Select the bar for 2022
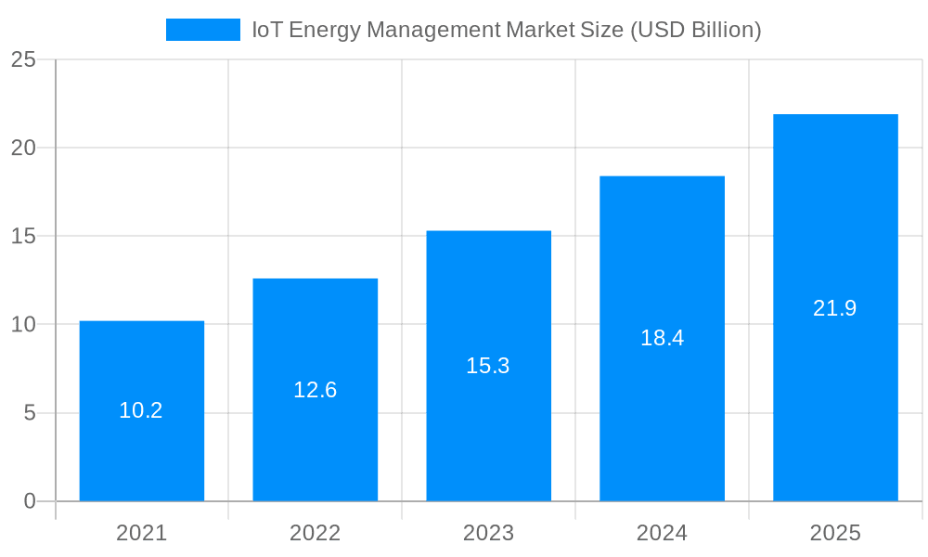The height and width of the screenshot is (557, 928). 315,436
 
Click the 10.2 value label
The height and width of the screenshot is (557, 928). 141,410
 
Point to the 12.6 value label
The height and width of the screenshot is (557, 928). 315,390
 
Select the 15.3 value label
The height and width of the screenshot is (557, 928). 488,366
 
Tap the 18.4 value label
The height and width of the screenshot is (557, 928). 662,338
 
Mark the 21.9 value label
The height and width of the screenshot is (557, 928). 835,308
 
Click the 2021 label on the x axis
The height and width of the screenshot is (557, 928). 141,533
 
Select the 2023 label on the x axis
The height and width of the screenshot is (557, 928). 488,533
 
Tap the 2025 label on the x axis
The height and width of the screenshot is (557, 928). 835,533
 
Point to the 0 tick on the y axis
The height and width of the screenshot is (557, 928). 29,501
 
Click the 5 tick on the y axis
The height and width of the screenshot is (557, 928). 29,413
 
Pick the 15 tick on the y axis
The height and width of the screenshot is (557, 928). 23,236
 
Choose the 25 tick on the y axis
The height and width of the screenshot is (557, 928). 23,59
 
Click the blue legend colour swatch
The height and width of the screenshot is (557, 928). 202,30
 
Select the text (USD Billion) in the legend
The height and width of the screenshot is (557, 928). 695,30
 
